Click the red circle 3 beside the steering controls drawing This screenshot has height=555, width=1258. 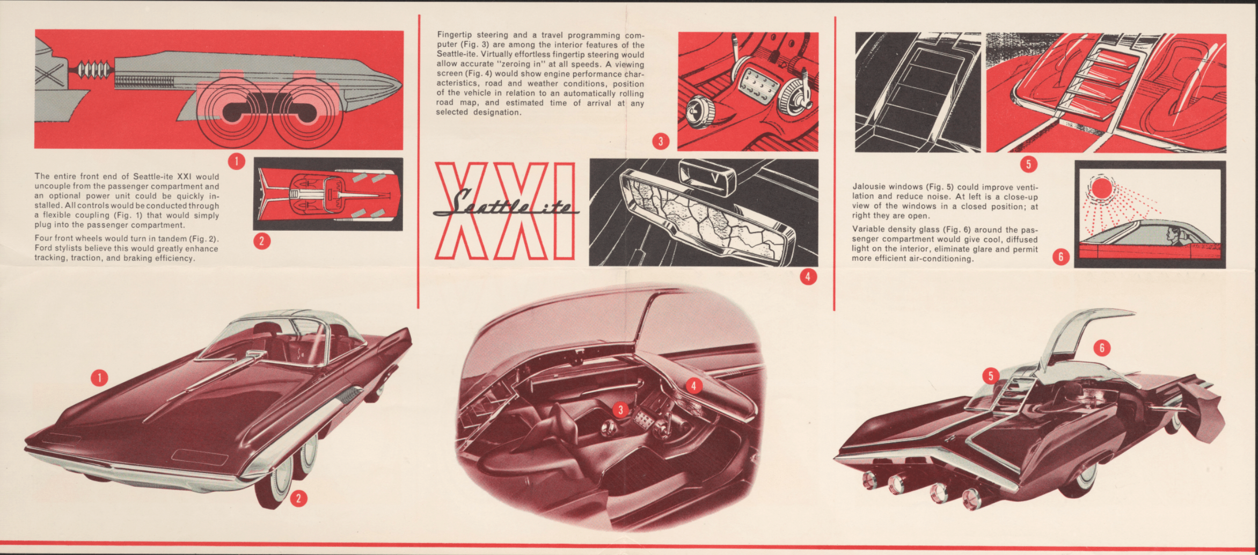point(660,141)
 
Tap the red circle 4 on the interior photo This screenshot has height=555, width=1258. point(693,385)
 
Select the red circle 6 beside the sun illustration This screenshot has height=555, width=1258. point(1060,257)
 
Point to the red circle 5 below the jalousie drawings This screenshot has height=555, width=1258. point(1028,164)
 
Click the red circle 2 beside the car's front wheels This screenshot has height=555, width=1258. point(298,498)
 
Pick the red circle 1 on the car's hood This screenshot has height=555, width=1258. point(99,378)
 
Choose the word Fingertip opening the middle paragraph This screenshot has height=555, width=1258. point(455,35)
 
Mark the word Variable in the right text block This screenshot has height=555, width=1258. point(869,229)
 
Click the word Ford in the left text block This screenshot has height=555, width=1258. point(43,249)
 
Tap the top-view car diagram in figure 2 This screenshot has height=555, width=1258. point(328,194)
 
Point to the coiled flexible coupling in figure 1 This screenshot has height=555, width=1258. point(94,70)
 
